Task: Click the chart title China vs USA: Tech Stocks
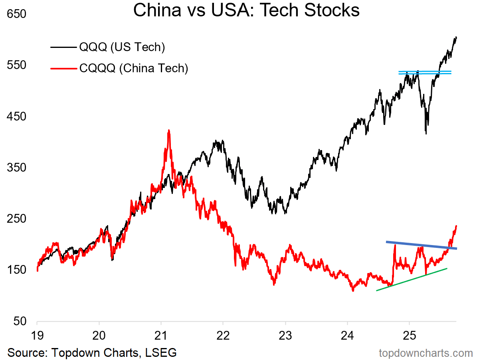pos(246,10)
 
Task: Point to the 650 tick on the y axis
pos(16,14)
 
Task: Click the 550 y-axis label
pos(16,65)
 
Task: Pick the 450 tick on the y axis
pos(16,117)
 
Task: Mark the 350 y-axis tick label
pos(16,168)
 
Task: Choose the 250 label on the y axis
pos(16,219)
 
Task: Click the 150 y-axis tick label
pos(16,270)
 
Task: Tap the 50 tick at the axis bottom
pos(20,321)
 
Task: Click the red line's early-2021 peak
pos(169,131)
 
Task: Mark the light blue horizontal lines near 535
pos(425,73)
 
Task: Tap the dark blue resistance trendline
pos(422,245)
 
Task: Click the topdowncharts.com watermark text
pos(426,353)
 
